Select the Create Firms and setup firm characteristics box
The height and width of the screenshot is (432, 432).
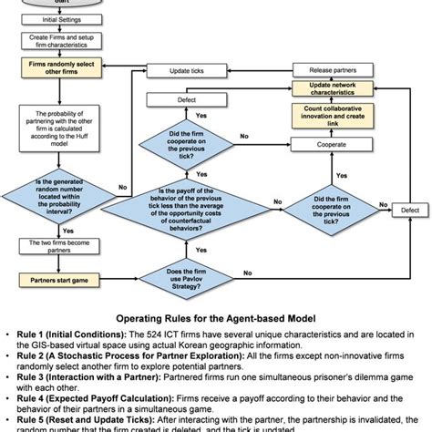click(x=54, y=42)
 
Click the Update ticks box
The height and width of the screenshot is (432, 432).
click(x=186, y=71)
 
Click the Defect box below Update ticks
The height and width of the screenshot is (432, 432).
click(x=186, y=100)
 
